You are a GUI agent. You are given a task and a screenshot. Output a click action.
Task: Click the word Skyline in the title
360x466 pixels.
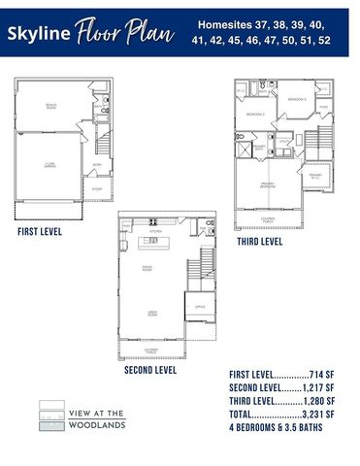[x=38, y=34]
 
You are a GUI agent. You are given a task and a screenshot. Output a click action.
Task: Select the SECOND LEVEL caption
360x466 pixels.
[x=150, y=370]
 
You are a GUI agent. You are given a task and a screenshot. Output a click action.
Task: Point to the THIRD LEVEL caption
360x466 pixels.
[x=259, y=242]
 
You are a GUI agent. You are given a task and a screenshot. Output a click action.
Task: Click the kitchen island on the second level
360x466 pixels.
[x=152, y=242]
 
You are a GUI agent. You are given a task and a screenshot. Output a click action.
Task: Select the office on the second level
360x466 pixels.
[x=199, y=307]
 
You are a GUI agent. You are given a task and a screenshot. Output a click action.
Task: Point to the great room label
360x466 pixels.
[x=152, y=314]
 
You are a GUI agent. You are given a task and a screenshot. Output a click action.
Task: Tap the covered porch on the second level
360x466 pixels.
[x=151, y=349]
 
